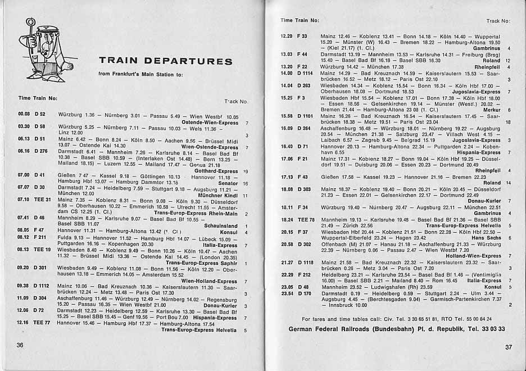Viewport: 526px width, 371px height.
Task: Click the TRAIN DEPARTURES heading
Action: (165, 61)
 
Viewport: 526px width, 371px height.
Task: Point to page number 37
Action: (508, 347)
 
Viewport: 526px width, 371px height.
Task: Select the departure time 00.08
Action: (24, 115)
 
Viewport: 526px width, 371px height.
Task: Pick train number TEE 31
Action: (42, 199)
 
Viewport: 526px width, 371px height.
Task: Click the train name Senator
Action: (228, 184)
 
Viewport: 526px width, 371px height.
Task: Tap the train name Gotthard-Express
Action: (217, 171)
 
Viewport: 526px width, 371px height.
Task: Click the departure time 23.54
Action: (287, 293)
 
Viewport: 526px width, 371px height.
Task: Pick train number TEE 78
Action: (306, 219)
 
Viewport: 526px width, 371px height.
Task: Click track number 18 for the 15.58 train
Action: (508, 122)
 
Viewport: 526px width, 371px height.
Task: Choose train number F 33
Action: (302, 36)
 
